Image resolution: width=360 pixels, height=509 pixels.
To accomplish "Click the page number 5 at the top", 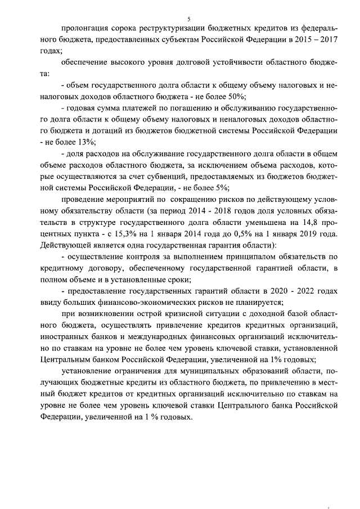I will pos(181,19).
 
